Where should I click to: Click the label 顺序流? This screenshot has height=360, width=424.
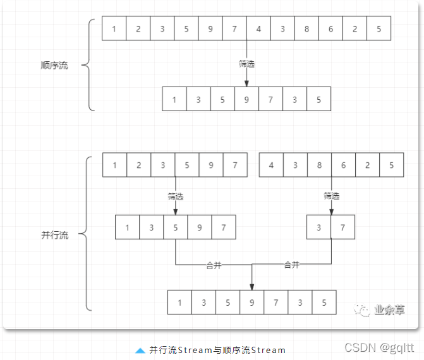(x=54, y=66)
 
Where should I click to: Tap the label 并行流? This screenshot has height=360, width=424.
(x=54, y=235)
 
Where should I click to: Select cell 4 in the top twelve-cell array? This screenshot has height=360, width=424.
(x=258, y=28)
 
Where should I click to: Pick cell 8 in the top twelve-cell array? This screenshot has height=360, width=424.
(x=306, y=28)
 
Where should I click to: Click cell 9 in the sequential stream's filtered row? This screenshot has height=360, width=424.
(x=246, y=99)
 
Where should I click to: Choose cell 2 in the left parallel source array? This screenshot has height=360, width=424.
(x=139, y=165)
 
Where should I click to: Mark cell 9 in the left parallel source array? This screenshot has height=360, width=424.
(x=211, y=165)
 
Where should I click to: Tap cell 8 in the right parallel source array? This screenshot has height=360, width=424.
(x=320, y=165)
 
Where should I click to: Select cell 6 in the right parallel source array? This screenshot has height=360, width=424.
(x=344, y=165)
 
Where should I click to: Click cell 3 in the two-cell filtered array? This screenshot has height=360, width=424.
(x=318, y=227)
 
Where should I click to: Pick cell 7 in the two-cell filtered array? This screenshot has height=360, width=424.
(x=342, y=227)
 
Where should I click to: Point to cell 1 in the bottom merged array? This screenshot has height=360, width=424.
(x=180, y=303)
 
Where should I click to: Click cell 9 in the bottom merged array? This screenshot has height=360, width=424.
(x=252, y=303)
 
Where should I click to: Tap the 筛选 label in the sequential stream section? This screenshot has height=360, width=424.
(x=246, y=64)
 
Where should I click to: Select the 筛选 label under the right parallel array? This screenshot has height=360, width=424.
(x=332, y=196)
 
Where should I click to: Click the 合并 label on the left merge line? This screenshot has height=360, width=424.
(x=214, y=265)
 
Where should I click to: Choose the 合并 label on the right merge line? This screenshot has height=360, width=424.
(x=291, y=265)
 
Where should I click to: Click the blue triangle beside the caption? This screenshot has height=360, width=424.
(x=140, y=350)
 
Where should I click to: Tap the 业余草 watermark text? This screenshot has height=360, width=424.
(x=389, y=310)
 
